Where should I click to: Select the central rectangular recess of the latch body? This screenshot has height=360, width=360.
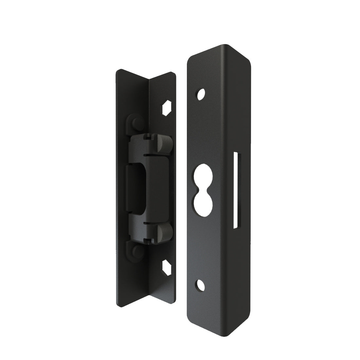tap(135, 185)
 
